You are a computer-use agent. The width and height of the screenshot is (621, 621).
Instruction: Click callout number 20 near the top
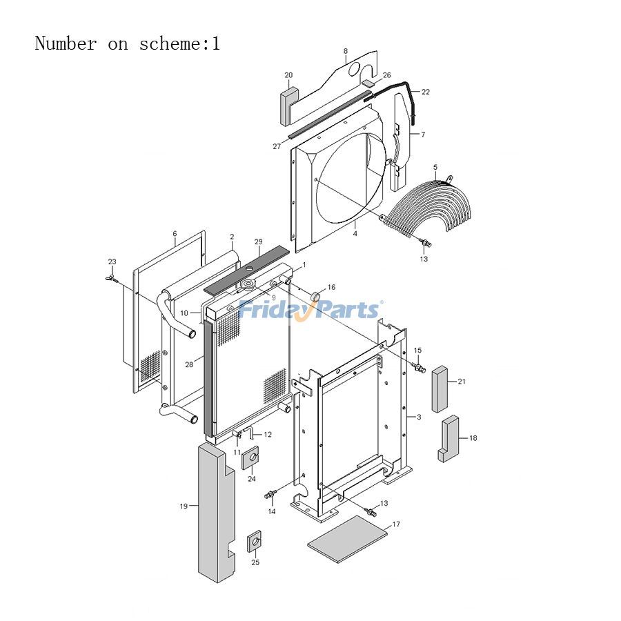tap(288, 75)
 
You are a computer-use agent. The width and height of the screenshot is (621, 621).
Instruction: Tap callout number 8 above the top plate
tap(346, 51)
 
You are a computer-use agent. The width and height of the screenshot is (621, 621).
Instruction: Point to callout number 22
tap(425, 92)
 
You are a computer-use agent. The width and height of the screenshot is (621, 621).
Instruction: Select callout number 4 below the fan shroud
tap(355, 234)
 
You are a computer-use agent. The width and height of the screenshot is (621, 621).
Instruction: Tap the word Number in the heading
tap(66, 44)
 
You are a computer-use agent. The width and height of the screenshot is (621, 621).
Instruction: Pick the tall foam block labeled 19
tap(215, 511)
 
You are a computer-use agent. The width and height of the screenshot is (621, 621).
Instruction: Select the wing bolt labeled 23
tap(111, 277)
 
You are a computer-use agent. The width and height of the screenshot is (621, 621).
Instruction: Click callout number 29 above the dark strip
tap(258, 242)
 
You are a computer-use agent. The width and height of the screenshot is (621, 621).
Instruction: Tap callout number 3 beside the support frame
tap(418, 417)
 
